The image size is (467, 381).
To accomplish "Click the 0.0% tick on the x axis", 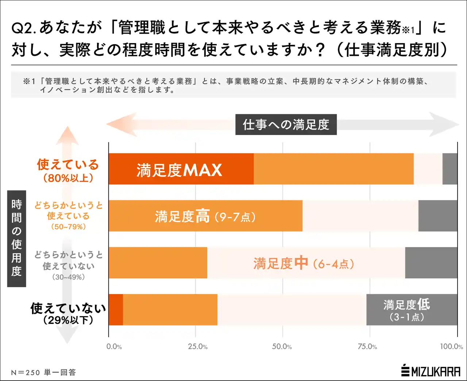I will (x=114, y=346).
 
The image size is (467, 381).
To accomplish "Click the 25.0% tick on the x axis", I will (x=198, y=346).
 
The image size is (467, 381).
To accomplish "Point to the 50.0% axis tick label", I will (x=282, y=346).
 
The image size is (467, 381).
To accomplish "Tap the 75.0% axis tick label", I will (x=367, y=346).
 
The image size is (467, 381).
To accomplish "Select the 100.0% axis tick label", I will (x=451, y=346).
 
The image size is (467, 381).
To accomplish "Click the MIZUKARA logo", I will (x=431, y=371).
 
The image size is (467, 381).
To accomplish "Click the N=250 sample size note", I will (x=43, y=372).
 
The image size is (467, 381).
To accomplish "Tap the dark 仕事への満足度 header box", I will (x=286, y=124).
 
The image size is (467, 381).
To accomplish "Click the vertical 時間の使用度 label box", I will (x=16, y=238).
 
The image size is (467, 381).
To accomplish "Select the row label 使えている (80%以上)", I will (x=68, y=170).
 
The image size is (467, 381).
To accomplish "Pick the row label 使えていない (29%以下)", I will (x=68, y=313).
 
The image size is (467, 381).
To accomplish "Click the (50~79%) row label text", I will (x=68, y=227).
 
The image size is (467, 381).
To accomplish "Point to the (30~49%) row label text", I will (x=68, y=277).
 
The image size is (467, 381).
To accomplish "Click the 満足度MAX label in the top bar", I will (x=179, y=170).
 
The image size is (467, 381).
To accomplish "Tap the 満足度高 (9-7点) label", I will (x=205, y=216).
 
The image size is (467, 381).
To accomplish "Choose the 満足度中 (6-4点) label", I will (x=304, y=263).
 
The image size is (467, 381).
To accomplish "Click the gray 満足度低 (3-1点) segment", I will (x=412, y=309).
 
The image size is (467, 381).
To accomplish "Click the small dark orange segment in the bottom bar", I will (x=116, y=309).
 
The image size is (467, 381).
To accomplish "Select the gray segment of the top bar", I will (x=449, y=169).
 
